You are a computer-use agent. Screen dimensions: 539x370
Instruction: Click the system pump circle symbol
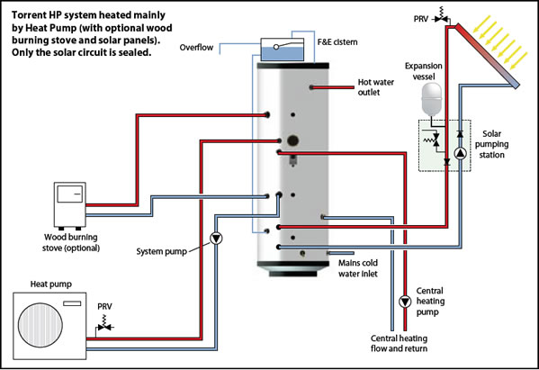point(216,238)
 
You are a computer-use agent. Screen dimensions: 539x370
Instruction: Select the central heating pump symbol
point(405,302)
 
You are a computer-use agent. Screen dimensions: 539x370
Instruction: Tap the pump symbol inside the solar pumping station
point(461,153)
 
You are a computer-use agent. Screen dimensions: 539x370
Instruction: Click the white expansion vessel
point(431,98)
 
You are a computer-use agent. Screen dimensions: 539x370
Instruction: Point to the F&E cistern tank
point(283,50)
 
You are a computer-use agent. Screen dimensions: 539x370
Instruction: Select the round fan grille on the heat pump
point(40,325)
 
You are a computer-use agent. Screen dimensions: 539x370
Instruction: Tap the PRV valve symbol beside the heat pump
point(104,326)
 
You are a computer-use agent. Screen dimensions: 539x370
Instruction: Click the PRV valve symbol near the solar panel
point(441,16)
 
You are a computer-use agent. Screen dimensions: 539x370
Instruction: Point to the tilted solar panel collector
point(488,56)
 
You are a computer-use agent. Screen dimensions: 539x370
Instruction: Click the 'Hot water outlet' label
point(375,87)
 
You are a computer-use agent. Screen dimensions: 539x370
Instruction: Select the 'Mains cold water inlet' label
point(358,268)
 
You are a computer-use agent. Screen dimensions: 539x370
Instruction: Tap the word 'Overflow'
point(196,48)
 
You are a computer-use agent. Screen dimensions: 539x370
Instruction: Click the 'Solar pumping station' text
point(491,144)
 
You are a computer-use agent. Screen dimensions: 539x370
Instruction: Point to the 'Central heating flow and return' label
point(399,343)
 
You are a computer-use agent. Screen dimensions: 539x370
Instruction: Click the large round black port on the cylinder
point(292,140)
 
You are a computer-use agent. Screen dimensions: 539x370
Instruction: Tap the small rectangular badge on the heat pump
point(72,303)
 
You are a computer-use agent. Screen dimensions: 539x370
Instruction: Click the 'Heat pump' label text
point(51,284)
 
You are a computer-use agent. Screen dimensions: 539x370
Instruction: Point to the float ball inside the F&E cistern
point(276,47)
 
